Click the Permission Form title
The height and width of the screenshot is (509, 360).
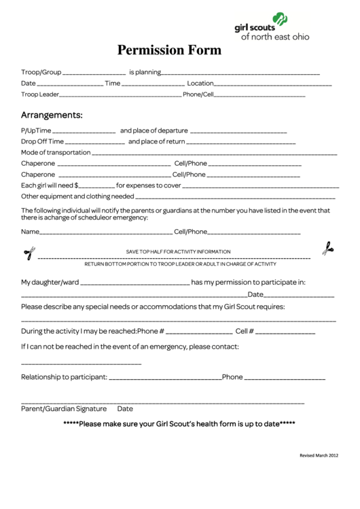(x=169, y=50)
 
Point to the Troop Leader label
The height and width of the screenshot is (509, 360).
(x=40, y=94)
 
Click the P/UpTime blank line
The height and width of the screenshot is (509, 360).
(x=84, y=131)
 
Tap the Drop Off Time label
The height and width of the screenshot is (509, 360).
(x=42, y=141)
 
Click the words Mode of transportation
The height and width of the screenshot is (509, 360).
(x=56, y=152)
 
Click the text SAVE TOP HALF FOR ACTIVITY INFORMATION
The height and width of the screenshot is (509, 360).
(x=179, y=251)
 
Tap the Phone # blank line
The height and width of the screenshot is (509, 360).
(x=199, y=333)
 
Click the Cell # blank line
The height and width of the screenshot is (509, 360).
(x=285, y=333)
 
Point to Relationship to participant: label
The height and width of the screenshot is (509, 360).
(x=64, y=376)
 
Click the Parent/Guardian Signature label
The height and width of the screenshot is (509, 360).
(x=64, y=408)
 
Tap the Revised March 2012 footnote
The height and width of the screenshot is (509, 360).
(x=319, y=455)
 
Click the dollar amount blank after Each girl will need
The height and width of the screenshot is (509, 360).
(x=97, y=186)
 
